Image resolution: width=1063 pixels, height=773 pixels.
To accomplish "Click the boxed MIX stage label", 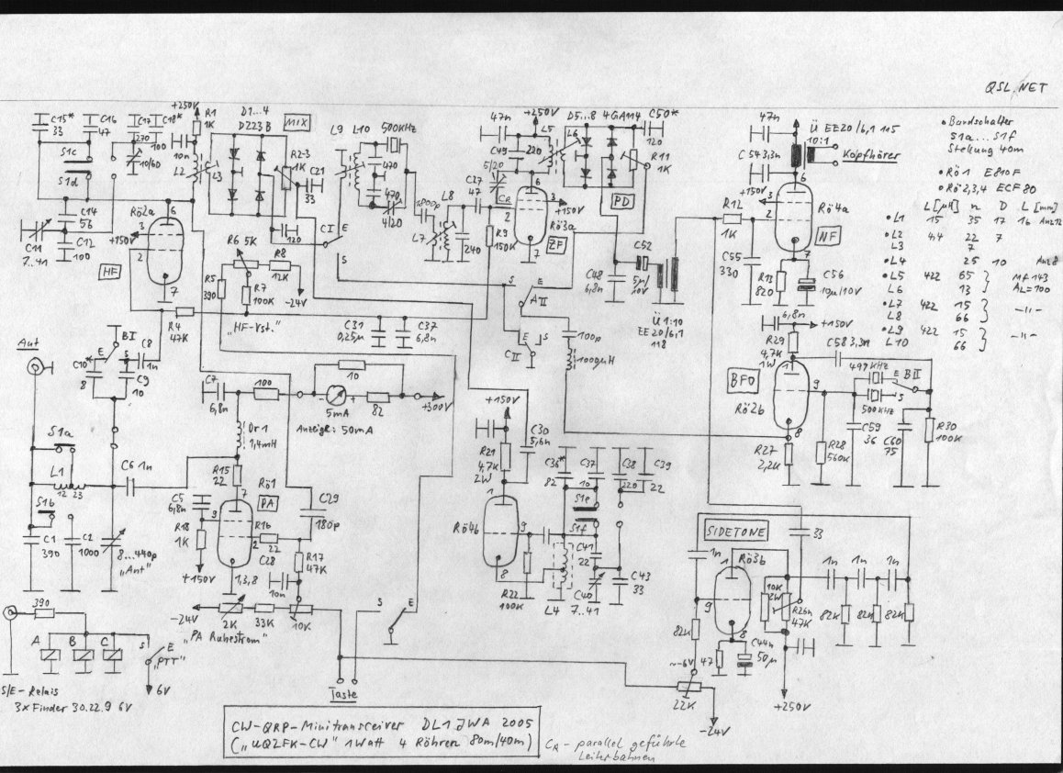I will click(296, 122).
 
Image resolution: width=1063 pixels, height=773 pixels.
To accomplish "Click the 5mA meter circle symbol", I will click(328, 396).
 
